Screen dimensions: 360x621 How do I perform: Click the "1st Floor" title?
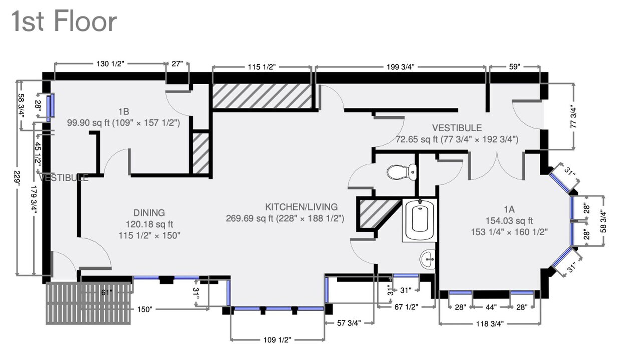click(x=64, y=22)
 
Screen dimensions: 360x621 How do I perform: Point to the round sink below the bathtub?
click(x=427, y=259)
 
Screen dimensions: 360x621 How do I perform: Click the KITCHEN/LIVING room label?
click(x=301, y=207)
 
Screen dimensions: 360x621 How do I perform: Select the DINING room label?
click(x=149, y=213)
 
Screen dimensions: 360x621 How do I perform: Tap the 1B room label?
click(x=124, y=111)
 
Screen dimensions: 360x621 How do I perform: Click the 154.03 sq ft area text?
click(x=509, y=221)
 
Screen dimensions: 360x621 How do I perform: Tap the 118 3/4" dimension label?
click(x=489, y=323)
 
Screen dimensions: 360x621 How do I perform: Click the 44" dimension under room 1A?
click(x=491, y=307)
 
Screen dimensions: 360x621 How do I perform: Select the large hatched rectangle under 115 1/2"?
click(x=262, y=96)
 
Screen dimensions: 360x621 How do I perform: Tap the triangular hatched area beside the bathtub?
click(x=373, y=212)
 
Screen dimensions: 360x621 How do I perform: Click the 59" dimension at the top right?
click(x=514, y=67)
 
